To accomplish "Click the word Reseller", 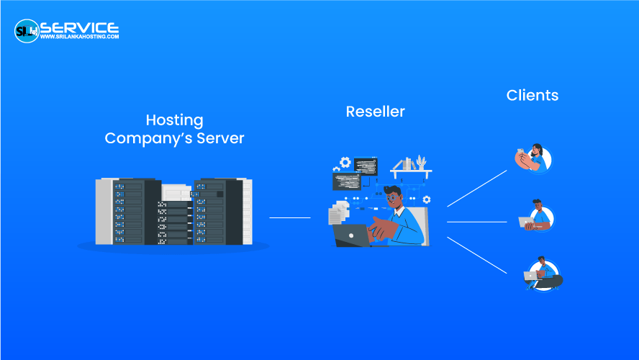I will click(375, 112).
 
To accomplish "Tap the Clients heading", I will click(532, 95).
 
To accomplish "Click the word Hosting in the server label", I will click(174, 120).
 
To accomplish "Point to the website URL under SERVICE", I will click(79, 37).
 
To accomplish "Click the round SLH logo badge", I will click(27, 30).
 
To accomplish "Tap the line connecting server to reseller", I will click(289, 217).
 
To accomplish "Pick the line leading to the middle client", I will click(477, 222).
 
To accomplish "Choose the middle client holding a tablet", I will click(536, 217).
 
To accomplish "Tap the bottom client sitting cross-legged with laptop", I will click(541, 274).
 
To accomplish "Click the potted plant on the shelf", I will click(420, 162).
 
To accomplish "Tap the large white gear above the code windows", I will click(345, 162).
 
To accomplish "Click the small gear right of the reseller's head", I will click(427, 199).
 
